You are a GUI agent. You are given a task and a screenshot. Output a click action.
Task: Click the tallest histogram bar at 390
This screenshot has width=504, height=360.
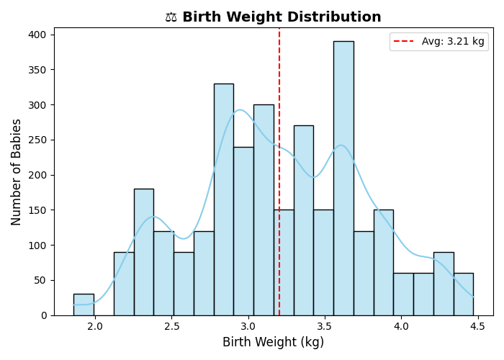coord(343,180)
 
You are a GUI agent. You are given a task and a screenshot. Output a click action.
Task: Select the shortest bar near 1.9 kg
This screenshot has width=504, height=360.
coord(84,305)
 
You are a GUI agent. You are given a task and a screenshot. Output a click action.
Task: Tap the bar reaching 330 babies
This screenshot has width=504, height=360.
coord(223,202)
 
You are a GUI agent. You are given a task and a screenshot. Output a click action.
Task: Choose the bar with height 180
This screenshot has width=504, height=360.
coord(143,252)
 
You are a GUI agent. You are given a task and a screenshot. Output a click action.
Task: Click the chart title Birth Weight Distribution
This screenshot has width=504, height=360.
coord(282,17)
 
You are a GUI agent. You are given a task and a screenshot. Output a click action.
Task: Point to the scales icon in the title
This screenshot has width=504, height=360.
coord(171,17)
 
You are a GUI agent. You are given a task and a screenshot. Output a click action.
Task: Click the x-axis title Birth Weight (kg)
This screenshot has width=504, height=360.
coord(273,343)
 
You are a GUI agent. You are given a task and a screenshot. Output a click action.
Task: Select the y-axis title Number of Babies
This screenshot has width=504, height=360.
coord(17,172)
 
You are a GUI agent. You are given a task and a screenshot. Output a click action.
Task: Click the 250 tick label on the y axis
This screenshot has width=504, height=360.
coord(39,140)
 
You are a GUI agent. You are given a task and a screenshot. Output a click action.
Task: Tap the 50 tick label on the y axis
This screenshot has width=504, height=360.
coord(42,280)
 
